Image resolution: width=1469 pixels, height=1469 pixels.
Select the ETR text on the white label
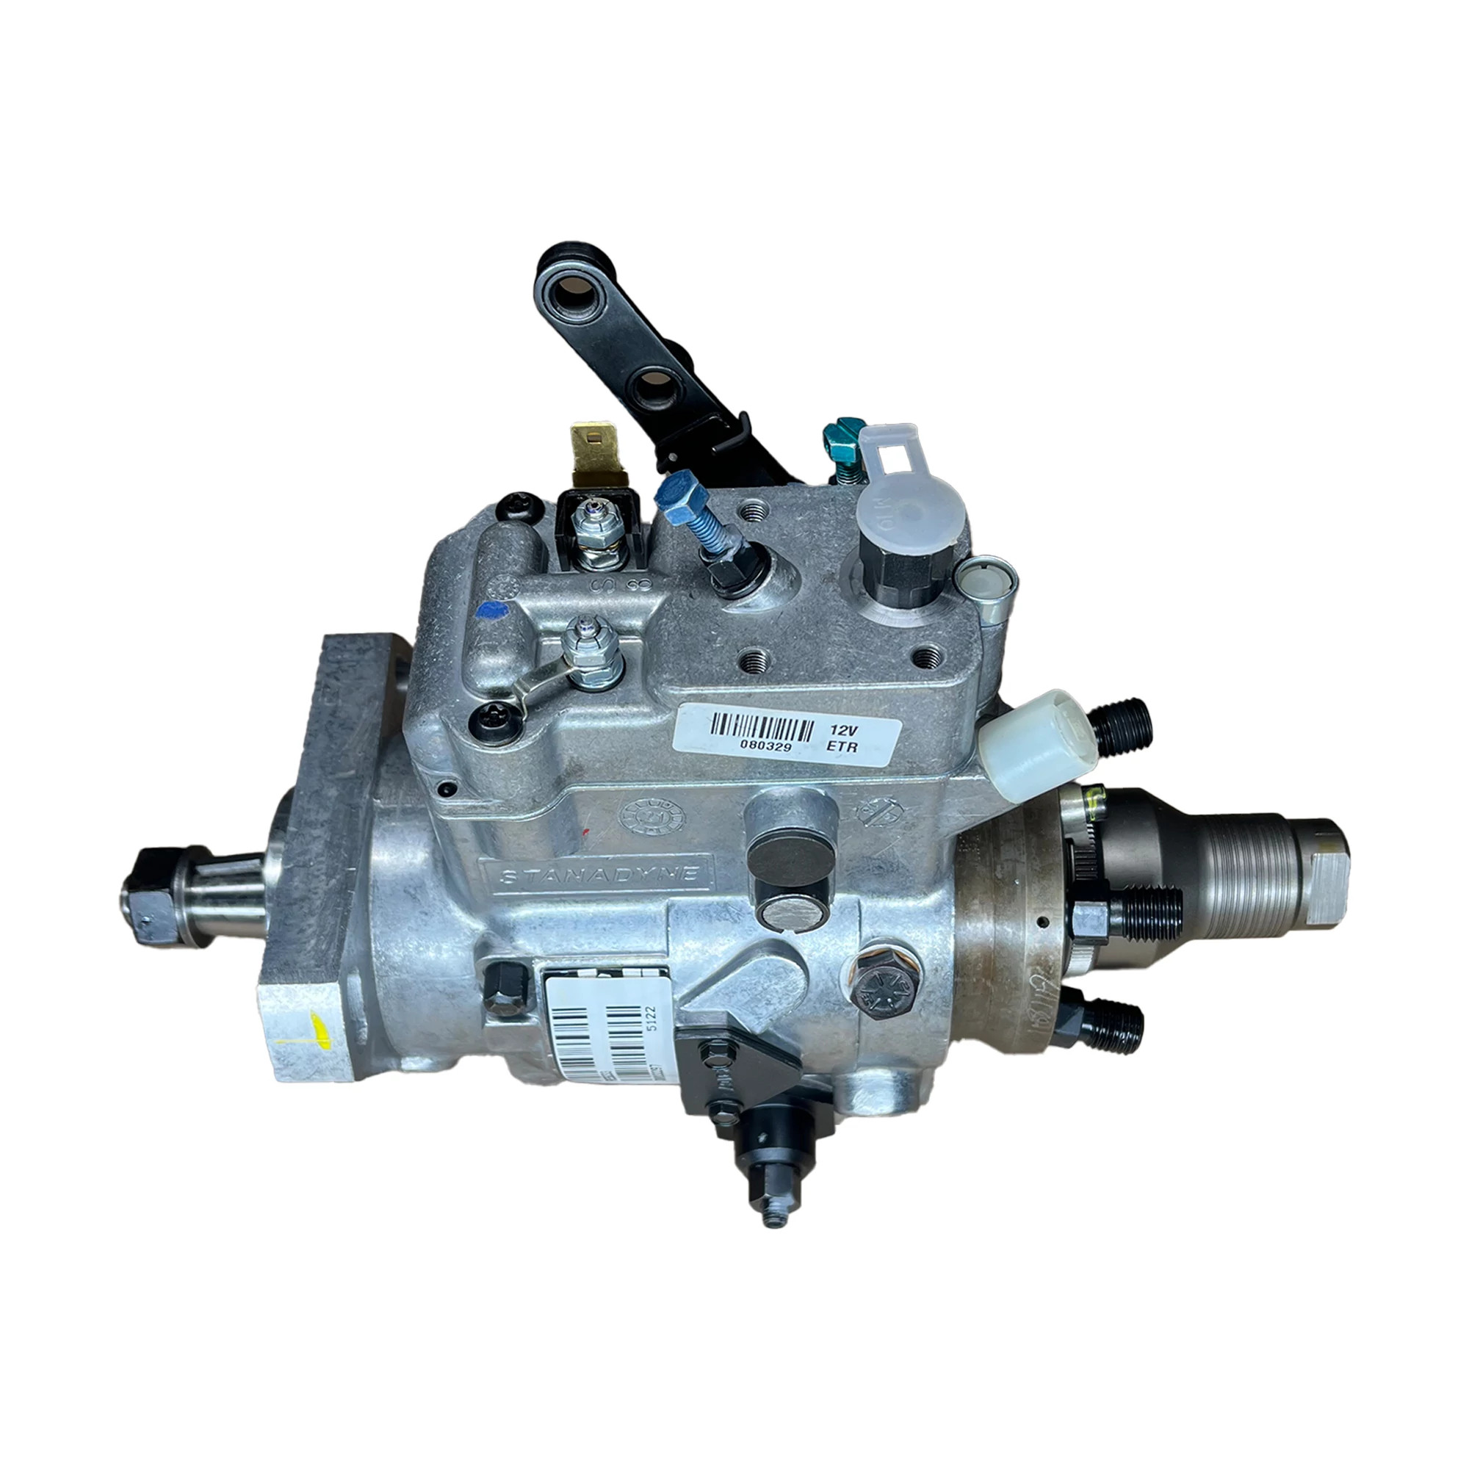[842, 747]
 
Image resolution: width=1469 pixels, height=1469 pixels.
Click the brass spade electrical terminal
[596, 452]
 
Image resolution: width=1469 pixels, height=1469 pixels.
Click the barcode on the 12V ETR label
[760, 726]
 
